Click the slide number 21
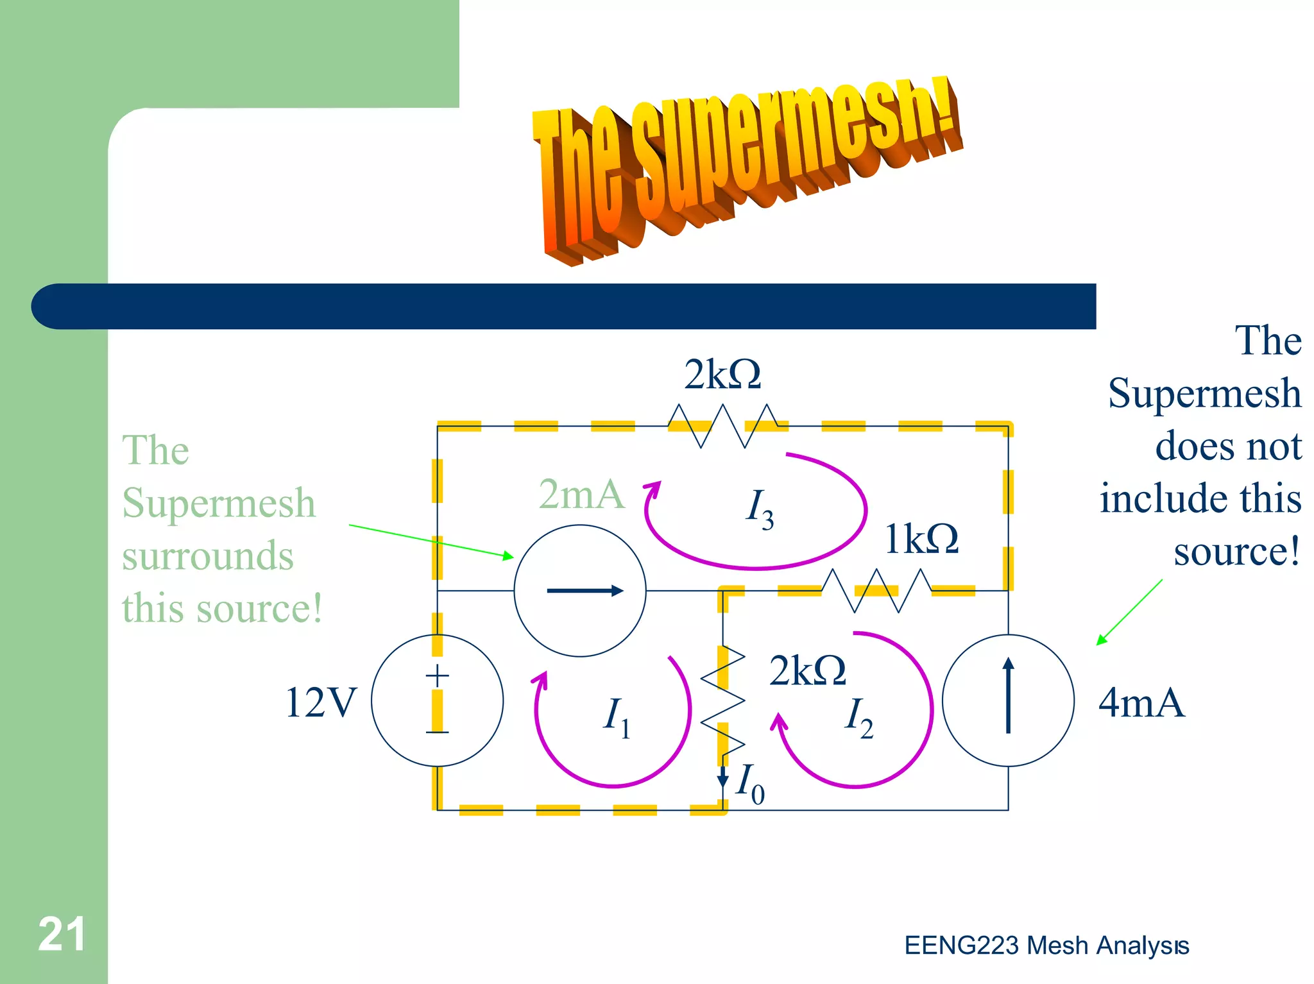pyautogui.click(x=62, y=934)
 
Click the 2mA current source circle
pyautogui.click(x=580, y=591)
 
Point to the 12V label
pyautogui.click(x=320, y=702)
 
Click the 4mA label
pyautogui.click(x=1141, y=702)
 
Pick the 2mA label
pyautogui.click(x=581, y=495)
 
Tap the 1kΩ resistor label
pyautogui.click(x=921, y=539)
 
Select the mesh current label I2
pyautogui.click(x=858, y=717)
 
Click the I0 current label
pyautogui.click(x=750, y=783)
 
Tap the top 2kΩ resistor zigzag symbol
pyautogui.click(x=722, y=425)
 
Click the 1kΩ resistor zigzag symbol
pyautogui.click(x=876, y=591)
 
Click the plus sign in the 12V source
pyautogui.click(x=438, y=676)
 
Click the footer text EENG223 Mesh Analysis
pyautogui.click(x=1046, y=946)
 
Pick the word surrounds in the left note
pyautogui.click(x=208, y=556)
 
